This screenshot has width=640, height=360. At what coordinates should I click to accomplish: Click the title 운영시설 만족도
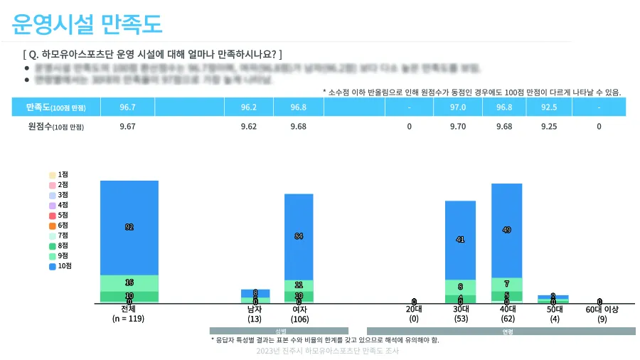(x=87, y=24)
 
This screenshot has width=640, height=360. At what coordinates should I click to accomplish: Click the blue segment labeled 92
(x=129, y=227)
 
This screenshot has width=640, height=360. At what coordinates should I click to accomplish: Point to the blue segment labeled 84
(x=299, y=235)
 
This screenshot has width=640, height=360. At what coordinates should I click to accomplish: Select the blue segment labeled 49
(x=507, y=230)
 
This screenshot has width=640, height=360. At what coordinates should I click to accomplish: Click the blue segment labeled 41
(x=460, y=239)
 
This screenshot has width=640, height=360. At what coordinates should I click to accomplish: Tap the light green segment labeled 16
(x=129, y=282)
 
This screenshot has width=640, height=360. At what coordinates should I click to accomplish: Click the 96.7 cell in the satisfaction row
(x=129, y=107)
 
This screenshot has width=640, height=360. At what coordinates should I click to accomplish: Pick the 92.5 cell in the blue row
(x=549, y=107)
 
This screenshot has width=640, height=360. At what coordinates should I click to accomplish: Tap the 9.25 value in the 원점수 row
(x=549, y=127)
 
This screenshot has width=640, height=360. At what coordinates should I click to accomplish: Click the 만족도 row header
(x=55, y=107)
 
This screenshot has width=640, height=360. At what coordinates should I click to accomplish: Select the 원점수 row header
(x=55, y=127)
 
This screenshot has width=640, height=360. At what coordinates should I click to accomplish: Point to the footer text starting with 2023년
(x=328, y=351)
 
